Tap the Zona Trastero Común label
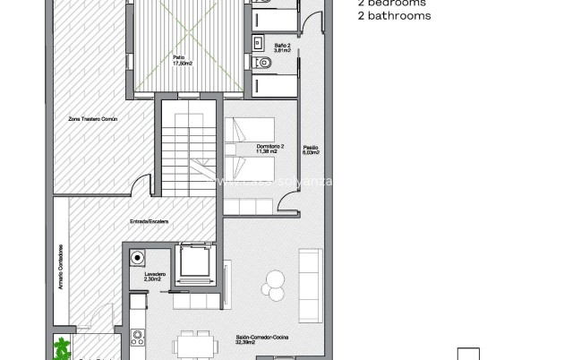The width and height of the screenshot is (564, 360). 92,118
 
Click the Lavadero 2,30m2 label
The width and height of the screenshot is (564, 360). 154,278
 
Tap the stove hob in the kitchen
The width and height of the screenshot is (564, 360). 138,338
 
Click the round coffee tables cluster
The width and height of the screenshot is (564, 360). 272,284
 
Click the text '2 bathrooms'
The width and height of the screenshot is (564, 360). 394,15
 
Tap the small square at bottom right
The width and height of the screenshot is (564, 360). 468,353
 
